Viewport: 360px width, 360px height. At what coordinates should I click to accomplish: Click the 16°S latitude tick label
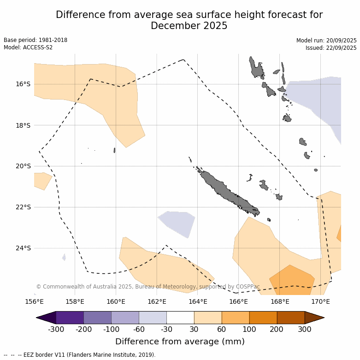click(x=24, y=84)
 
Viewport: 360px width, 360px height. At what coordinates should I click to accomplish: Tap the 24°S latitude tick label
click(x=24, y=248)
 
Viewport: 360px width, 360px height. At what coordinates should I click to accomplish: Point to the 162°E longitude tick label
click(x=157, y=302)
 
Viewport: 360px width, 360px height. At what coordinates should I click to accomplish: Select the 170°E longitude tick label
click(x=320, y=302)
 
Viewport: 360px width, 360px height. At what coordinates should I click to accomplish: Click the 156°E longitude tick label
click(x=34, y=302)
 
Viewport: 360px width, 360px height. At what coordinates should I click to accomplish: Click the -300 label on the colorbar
click(x=56, y=329)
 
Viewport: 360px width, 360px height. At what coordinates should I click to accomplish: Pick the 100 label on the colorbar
click(x=249, y=329)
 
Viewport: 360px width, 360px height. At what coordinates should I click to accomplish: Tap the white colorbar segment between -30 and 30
click(x=180, y=318)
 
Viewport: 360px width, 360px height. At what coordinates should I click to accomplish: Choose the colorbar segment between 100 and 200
click(x=263, y=318)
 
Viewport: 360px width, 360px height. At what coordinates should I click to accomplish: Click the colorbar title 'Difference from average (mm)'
click(x=180, y=342)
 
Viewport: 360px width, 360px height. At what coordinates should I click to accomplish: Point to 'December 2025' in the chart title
click(x=189, y=26)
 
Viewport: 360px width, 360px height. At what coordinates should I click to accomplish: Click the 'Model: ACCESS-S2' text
click(x=28, y=47)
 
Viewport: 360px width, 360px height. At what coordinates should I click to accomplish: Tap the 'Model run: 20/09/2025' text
click(x=326, y=41)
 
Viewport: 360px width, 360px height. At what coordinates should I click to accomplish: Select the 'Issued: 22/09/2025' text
click(x=331, y=48)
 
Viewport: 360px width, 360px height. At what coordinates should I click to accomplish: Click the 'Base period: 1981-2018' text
click(x=35, y=40)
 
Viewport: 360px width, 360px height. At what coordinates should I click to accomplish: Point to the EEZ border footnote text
click(x=80, y=355)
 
